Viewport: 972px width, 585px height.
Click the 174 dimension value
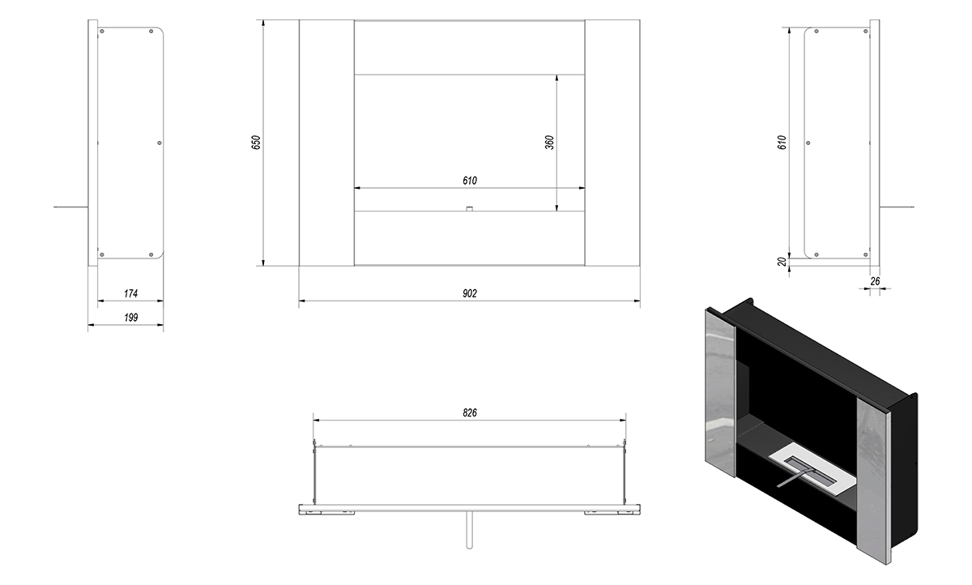tap(130, 294)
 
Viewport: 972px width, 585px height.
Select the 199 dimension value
tap(130, 318)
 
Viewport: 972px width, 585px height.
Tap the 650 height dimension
tap(256, 143)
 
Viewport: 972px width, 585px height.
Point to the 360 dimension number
tap(549, 143)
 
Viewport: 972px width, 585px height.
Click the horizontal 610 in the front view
tap(470, 181)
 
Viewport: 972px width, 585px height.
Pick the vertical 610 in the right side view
tap(782, 143)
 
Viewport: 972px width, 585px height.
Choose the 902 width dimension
tap(470, 294)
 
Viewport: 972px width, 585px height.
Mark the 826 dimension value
tap(470, 412)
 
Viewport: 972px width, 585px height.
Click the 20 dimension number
tap(782, 262)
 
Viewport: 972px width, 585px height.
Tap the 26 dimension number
tap(875, 281)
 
